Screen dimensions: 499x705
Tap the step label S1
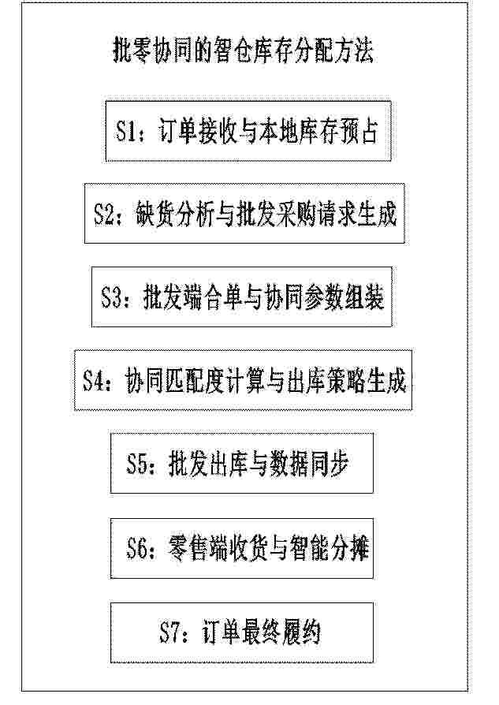tap(125, 131)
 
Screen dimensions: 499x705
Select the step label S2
tap(104, 214)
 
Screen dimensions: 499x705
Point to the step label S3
tap(111, 297)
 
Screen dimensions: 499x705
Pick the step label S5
tap(137, 464)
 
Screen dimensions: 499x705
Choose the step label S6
tap(137, 548)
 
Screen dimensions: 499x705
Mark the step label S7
tap(170, 632)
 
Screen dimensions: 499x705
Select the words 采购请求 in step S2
tap(316, 214)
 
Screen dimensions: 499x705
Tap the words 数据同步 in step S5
tap(309, 464)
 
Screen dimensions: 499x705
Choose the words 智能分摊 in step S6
tap(330, 548)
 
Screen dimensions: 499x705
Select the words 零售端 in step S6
tap(197, 548)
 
